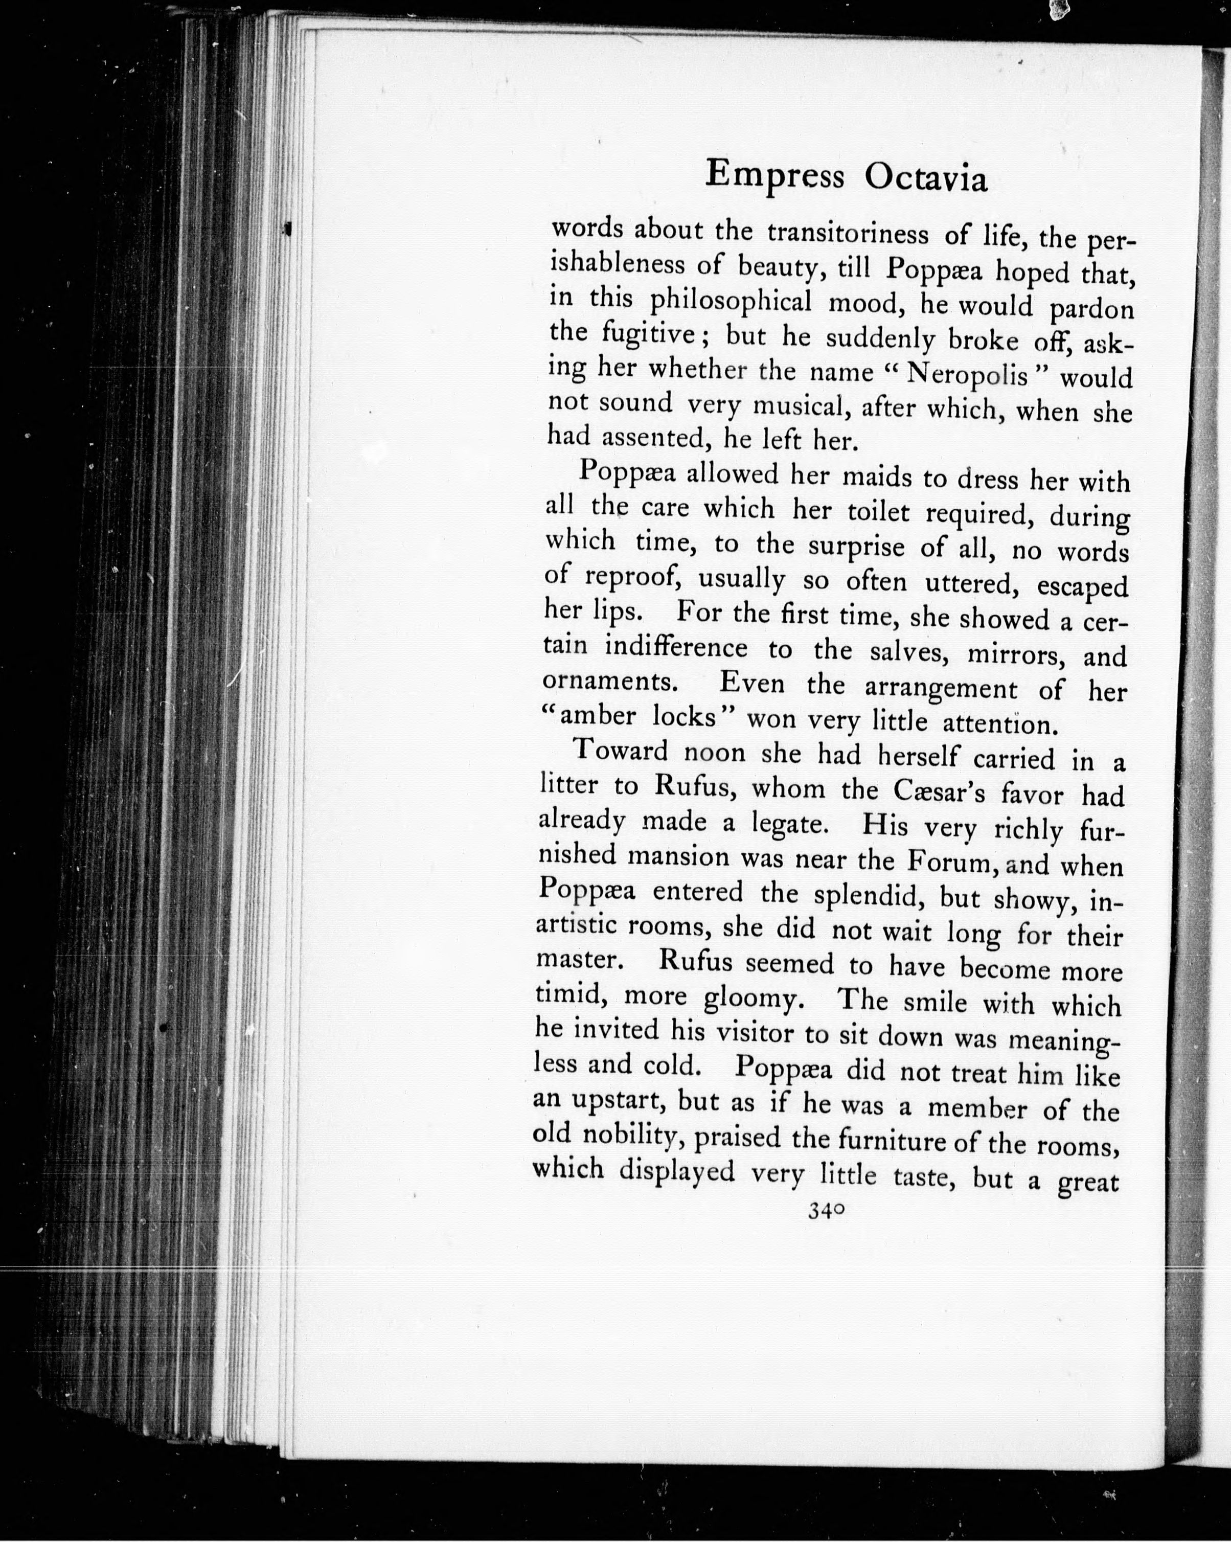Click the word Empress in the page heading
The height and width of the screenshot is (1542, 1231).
(x=774, y=175)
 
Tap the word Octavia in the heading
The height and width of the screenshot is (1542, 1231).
(x=926, y=179)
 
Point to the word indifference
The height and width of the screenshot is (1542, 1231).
(x=676, y=647)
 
